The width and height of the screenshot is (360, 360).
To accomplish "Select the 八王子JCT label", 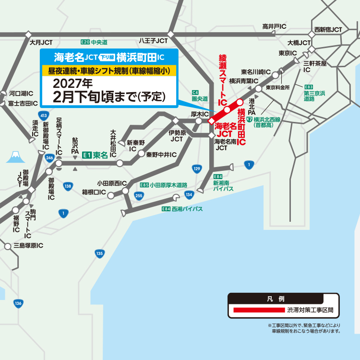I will (153, 41).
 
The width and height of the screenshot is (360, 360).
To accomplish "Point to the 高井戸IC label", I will (274, 26).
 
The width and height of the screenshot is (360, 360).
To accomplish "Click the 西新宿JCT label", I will (328, 30).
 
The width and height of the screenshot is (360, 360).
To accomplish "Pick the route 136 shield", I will (18, 303).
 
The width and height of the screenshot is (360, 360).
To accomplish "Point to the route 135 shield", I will (99, 253).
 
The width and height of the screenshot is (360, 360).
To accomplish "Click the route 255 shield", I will (139, 195).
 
